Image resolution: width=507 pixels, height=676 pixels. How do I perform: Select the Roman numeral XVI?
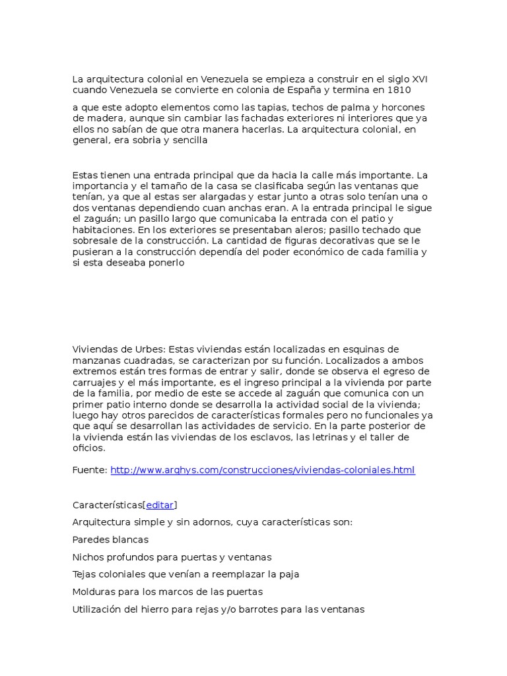click(x=419, y=79)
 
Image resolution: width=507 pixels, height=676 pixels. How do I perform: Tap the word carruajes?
click(x=93, y=382)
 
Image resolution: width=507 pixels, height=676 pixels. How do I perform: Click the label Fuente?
click(x=90, y=470)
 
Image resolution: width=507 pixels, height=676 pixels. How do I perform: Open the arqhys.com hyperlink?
click(x=263, y=470)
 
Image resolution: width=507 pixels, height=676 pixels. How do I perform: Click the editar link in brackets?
click(x=160, y=505)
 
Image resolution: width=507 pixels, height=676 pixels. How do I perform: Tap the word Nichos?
click(x=88, y=557)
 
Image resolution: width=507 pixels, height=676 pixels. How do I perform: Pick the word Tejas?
click(x=84, y=574)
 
